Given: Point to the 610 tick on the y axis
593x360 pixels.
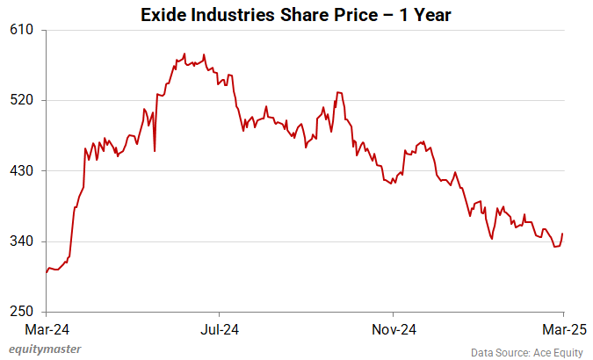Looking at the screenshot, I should pos(22,30).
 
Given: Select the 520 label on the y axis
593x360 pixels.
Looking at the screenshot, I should pos(22,100).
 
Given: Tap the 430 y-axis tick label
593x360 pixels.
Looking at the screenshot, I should pos(22,170).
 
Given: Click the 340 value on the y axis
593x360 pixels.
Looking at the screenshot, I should pos(22,241).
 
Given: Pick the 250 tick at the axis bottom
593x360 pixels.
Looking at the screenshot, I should pos(22,312).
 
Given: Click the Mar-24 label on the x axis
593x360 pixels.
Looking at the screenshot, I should pos(47,330).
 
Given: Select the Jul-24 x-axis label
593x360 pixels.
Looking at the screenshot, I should pos(219,330).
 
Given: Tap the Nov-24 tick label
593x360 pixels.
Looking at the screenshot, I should pos(393,330).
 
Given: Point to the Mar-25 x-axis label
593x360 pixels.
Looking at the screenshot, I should pos(562,330).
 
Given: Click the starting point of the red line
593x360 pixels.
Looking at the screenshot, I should pos(47,272).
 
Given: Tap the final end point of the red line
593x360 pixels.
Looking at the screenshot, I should pos(562,234).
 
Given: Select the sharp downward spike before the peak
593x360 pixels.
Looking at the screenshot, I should pos(155,150).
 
